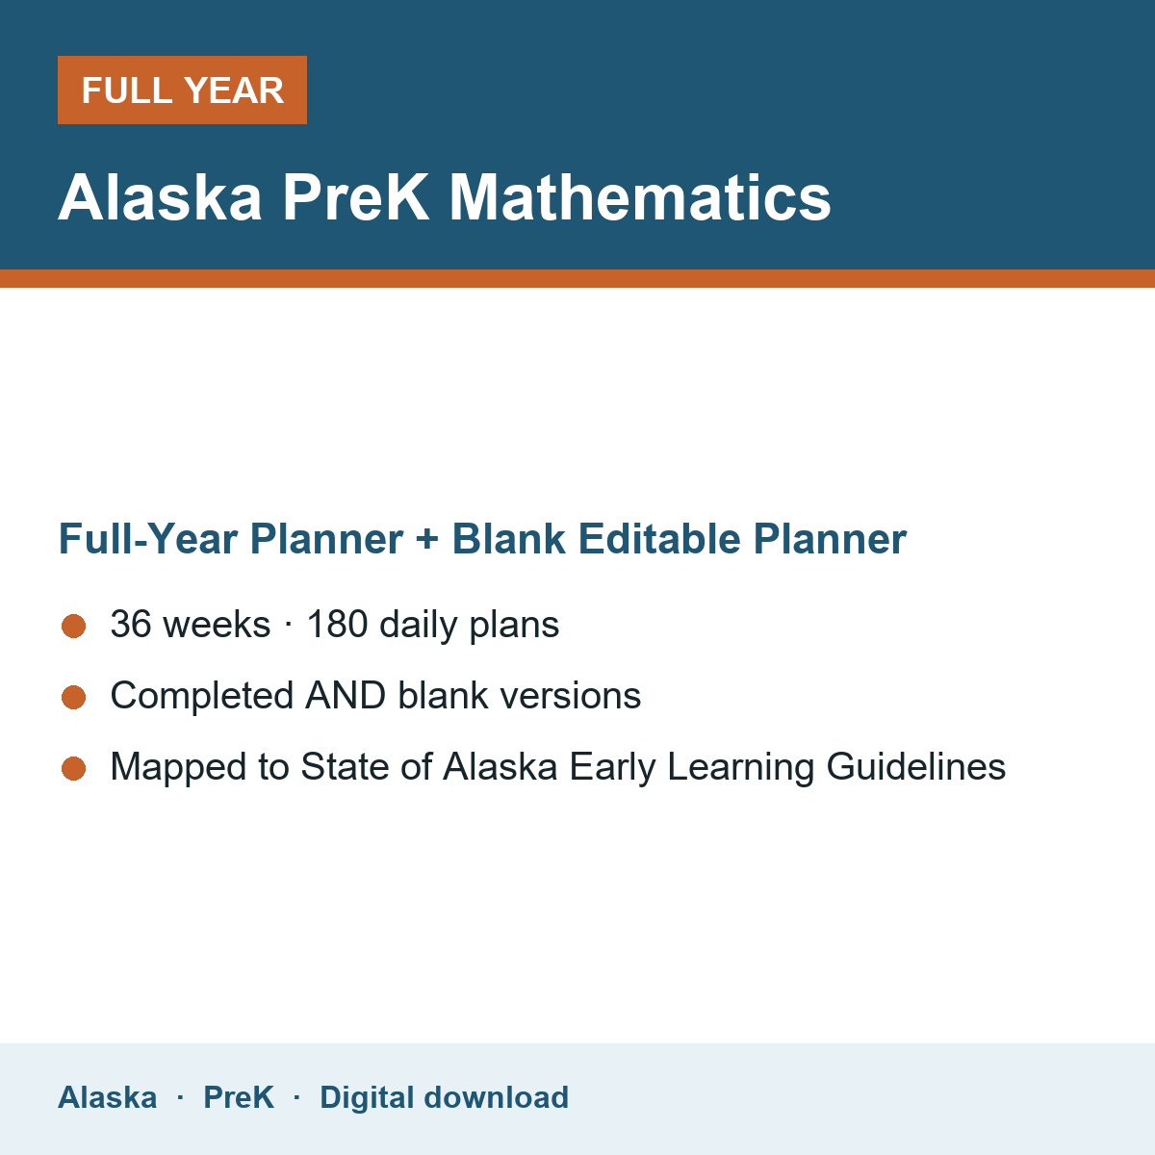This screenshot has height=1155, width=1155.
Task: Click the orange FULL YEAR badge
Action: [x=182, y=90]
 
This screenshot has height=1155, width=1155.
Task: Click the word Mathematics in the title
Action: [x=639, y=197]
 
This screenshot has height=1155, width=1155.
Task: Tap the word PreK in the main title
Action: [x=355, y=197]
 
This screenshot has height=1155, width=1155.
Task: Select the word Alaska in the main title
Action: [x=160, y=197]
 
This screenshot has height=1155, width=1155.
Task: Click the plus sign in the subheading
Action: [x=427, y=539]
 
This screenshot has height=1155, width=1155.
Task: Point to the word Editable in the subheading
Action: [x=659, y=539]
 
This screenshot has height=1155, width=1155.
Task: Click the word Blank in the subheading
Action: [x=508, y=539]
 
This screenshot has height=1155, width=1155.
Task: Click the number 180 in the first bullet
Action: [x=338, y=624]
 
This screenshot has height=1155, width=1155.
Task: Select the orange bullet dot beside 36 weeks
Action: [x=74, y=627]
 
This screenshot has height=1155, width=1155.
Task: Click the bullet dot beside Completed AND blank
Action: [x=74, y=698]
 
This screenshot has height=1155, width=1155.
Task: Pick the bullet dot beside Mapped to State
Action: [x=74, y=769]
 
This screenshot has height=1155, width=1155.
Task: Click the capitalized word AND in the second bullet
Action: [x=346, y=695]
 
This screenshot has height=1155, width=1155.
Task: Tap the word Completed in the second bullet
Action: [x=202, y=695]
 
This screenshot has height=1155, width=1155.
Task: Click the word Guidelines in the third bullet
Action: [x=916, y=766]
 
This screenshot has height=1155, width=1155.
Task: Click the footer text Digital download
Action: [x=444, y=1097]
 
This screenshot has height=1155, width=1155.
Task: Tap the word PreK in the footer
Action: [x=239, y=1097]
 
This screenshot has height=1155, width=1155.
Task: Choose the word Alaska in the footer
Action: [x=107, y=1097]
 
